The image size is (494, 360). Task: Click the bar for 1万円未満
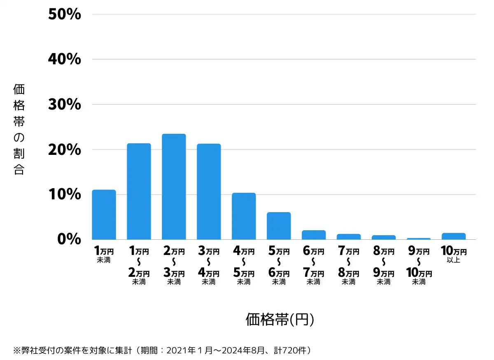104,215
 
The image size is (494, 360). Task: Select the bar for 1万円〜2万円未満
139,192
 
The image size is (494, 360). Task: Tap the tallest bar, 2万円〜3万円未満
174,187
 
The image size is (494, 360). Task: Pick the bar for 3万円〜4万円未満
209,192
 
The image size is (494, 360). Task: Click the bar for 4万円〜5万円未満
244,216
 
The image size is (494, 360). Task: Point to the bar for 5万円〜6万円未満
279,226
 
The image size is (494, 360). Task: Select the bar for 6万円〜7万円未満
314,235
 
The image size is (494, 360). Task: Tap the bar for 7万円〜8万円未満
349,237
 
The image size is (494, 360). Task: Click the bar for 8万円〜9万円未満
384,237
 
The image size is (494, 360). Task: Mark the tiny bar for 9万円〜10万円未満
419,238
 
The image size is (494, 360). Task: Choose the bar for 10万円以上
454,236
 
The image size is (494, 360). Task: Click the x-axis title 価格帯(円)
280,320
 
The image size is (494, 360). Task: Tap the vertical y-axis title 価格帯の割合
19,129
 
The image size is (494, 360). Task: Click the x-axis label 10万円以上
454,255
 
